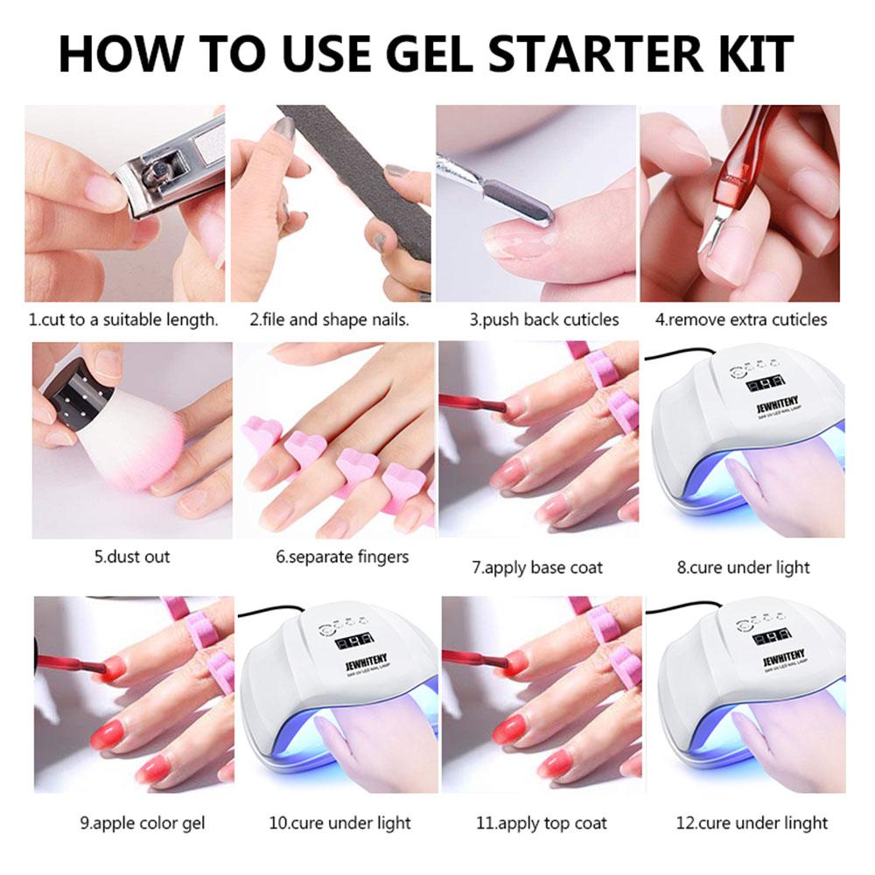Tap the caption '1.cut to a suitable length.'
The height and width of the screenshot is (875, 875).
(x=123, y=319)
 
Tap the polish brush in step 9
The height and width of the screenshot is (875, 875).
(x=70, y=665)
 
